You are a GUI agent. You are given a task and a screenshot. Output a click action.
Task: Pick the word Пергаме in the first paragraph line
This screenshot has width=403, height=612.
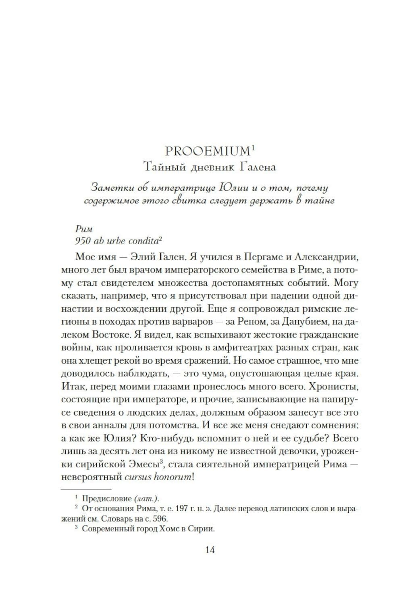point(268,257)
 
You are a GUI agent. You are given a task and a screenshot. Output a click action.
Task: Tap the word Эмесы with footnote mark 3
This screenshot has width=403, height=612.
point(143,464)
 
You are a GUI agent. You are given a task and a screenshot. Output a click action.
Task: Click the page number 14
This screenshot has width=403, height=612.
point(210,550)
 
